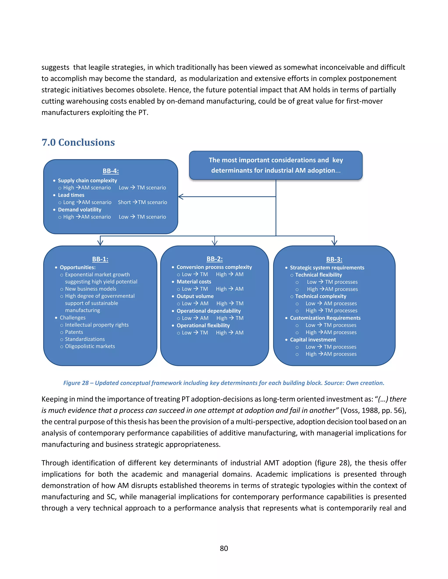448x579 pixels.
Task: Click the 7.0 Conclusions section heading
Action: click(78, 142)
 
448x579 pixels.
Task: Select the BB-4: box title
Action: click(111, 171)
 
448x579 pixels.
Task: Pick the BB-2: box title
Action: click(214, 259)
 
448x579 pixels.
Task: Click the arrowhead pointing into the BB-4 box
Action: click(181, 197)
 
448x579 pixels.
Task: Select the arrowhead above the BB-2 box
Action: click(214, 242)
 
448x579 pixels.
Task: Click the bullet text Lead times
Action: click(71, 195)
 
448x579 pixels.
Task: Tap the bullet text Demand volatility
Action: click(79, 210)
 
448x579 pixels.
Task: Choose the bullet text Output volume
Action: click(195, 296)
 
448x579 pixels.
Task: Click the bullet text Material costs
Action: click(194, 282)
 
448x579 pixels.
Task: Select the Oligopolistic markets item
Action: click(90, 346)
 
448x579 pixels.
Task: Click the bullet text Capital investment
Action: click(313, 340)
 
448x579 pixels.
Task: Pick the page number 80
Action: click(224, 548)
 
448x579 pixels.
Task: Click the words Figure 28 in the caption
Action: click(76, 383)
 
